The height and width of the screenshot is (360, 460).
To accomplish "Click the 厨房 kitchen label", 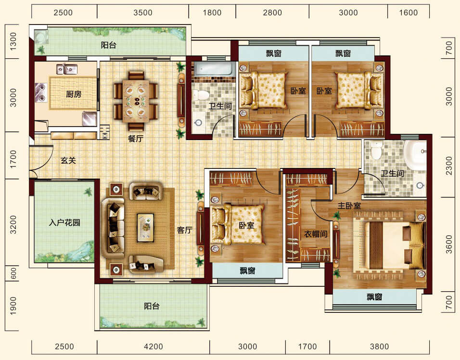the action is (x=73, y=94).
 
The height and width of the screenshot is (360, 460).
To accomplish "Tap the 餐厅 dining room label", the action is (x=136, y=139).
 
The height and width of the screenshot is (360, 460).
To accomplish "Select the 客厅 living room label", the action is (x=184, y=230).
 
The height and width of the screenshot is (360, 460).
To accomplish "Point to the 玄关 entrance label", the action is (x=68, y=160).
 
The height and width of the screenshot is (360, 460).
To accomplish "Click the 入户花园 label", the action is (x=64, y=222).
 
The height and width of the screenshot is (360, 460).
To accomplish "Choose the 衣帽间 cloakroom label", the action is (x=316, y=234).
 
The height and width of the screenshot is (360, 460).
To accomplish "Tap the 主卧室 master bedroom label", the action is (x=349, y=206).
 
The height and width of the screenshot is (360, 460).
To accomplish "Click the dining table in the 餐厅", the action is (x=136, y=101).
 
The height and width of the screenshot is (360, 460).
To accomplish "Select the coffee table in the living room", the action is (x=145, y=228).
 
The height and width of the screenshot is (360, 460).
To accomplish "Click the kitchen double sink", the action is (x=67, y=69).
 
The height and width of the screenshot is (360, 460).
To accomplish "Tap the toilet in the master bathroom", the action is (x=375, y=150).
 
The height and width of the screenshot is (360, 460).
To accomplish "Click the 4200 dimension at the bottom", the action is (x=153, y=347).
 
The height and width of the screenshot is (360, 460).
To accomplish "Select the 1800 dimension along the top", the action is (x=212, y=13).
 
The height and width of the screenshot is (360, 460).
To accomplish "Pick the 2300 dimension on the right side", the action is (x=449, y=166).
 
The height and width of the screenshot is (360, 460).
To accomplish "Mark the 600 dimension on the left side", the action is (x=13, y=274).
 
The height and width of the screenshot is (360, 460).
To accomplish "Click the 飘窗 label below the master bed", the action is (x=374, y=297).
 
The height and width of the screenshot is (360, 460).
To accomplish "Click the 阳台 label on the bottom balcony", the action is (x=152, y=306).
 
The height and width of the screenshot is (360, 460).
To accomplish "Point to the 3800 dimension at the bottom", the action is (x=379, y=347).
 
